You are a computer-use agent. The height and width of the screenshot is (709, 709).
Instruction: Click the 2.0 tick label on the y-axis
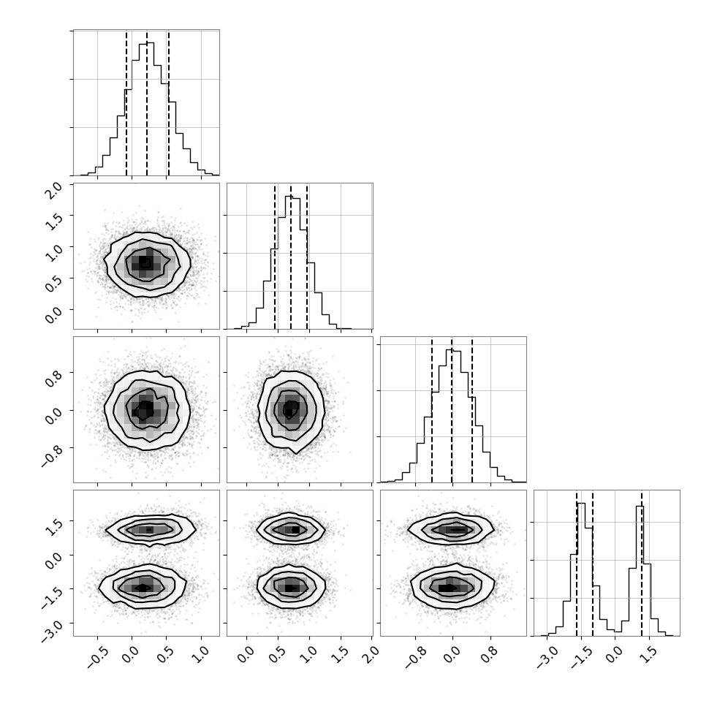pyautogui.click(x=54, y=192)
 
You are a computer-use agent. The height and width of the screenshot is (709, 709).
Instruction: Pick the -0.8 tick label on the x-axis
pyautogui.click(x=414, y=658)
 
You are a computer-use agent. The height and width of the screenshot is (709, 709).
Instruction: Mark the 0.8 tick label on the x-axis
pyautogui.click(x=489, y=655)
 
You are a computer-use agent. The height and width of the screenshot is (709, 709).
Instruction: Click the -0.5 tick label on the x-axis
pyautogui.click(x=96, y=658)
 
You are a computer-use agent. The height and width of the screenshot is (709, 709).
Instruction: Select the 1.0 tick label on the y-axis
pyautogui.click(x=54, y=255)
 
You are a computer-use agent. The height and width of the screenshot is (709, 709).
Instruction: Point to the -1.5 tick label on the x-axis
pyautogui.click(x=580, y=658)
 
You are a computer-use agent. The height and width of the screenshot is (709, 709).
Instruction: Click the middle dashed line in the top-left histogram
pyautogui.click(x=147, y=104)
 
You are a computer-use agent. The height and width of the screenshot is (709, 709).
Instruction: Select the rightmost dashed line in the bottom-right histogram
pyautogui.click(x=642, y=564)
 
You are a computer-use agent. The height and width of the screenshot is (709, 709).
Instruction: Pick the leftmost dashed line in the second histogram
pyautogui.click(x=275, y=257)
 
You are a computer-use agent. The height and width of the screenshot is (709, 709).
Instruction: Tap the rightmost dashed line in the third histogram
pyautogui.click(x=472, y=411)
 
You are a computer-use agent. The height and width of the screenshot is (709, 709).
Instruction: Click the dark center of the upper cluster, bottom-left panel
pyautogui.click(x=150, y=529)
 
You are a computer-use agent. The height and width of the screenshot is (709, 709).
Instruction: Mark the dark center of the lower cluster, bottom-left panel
pyautogui.click(x=143, y=588)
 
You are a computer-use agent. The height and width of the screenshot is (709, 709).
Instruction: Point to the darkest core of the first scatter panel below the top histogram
pyautogui.click(x=144, y=262)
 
